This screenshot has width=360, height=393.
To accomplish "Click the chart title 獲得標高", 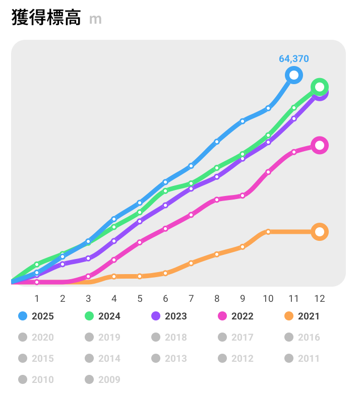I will pos(46,18).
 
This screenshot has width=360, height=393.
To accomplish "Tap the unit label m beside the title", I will pos(95,19).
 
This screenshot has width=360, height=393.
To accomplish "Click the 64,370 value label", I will pos(294,58).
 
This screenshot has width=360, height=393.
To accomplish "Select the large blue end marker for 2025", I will pos(293,75).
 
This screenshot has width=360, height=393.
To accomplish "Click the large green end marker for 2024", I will pos(319,87).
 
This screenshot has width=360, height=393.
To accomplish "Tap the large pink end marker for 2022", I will pos(319,145).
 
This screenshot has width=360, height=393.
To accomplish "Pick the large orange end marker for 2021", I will pos(319,232).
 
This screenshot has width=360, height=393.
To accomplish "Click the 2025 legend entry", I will pos(36,316).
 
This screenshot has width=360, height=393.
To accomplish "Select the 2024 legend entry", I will pos(103,316).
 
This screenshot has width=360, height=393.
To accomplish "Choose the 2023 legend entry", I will pos(169,316).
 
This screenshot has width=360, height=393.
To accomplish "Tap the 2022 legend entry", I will pos(236,316).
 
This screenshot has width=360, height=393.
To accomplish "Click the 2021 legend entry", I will pos(303,316).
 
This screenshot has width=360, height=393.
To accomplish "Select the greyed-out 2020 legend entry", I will pos(36,338).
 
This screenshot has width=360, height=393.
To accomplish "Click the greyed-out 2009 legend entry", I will pos(103,379).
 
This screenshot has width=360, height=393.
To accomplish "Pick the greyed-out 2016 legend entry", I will pos(303,338).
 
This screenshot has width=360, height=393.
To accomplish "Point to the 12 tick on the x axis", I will pos(319,298).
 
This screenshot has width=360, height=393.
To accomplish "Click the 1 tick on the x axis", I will pos(37,298).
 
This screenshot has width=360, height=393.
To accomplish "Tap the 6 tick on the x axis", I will pos(165,298).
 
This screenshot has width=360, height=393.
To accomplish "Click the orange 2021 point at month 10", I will pos(268,232).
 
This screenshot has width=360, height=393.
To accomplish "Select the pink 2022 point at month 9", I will pos(243,195).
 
